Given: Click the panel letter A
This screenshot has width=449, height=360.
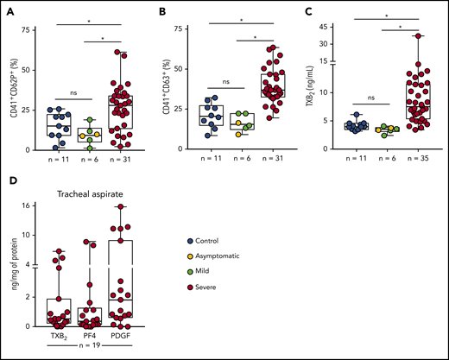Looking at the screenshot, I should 9,9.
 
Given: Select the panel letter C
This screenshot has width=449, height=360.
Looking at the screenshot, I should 308,9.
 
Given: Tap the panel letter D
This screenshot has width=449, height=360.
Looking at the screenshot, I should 9,182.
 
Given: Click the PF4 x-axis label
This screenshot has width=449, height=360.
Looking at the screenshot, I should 97,333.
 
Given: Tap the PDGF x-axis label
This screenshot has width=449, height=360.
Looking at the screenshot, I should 130,333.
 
